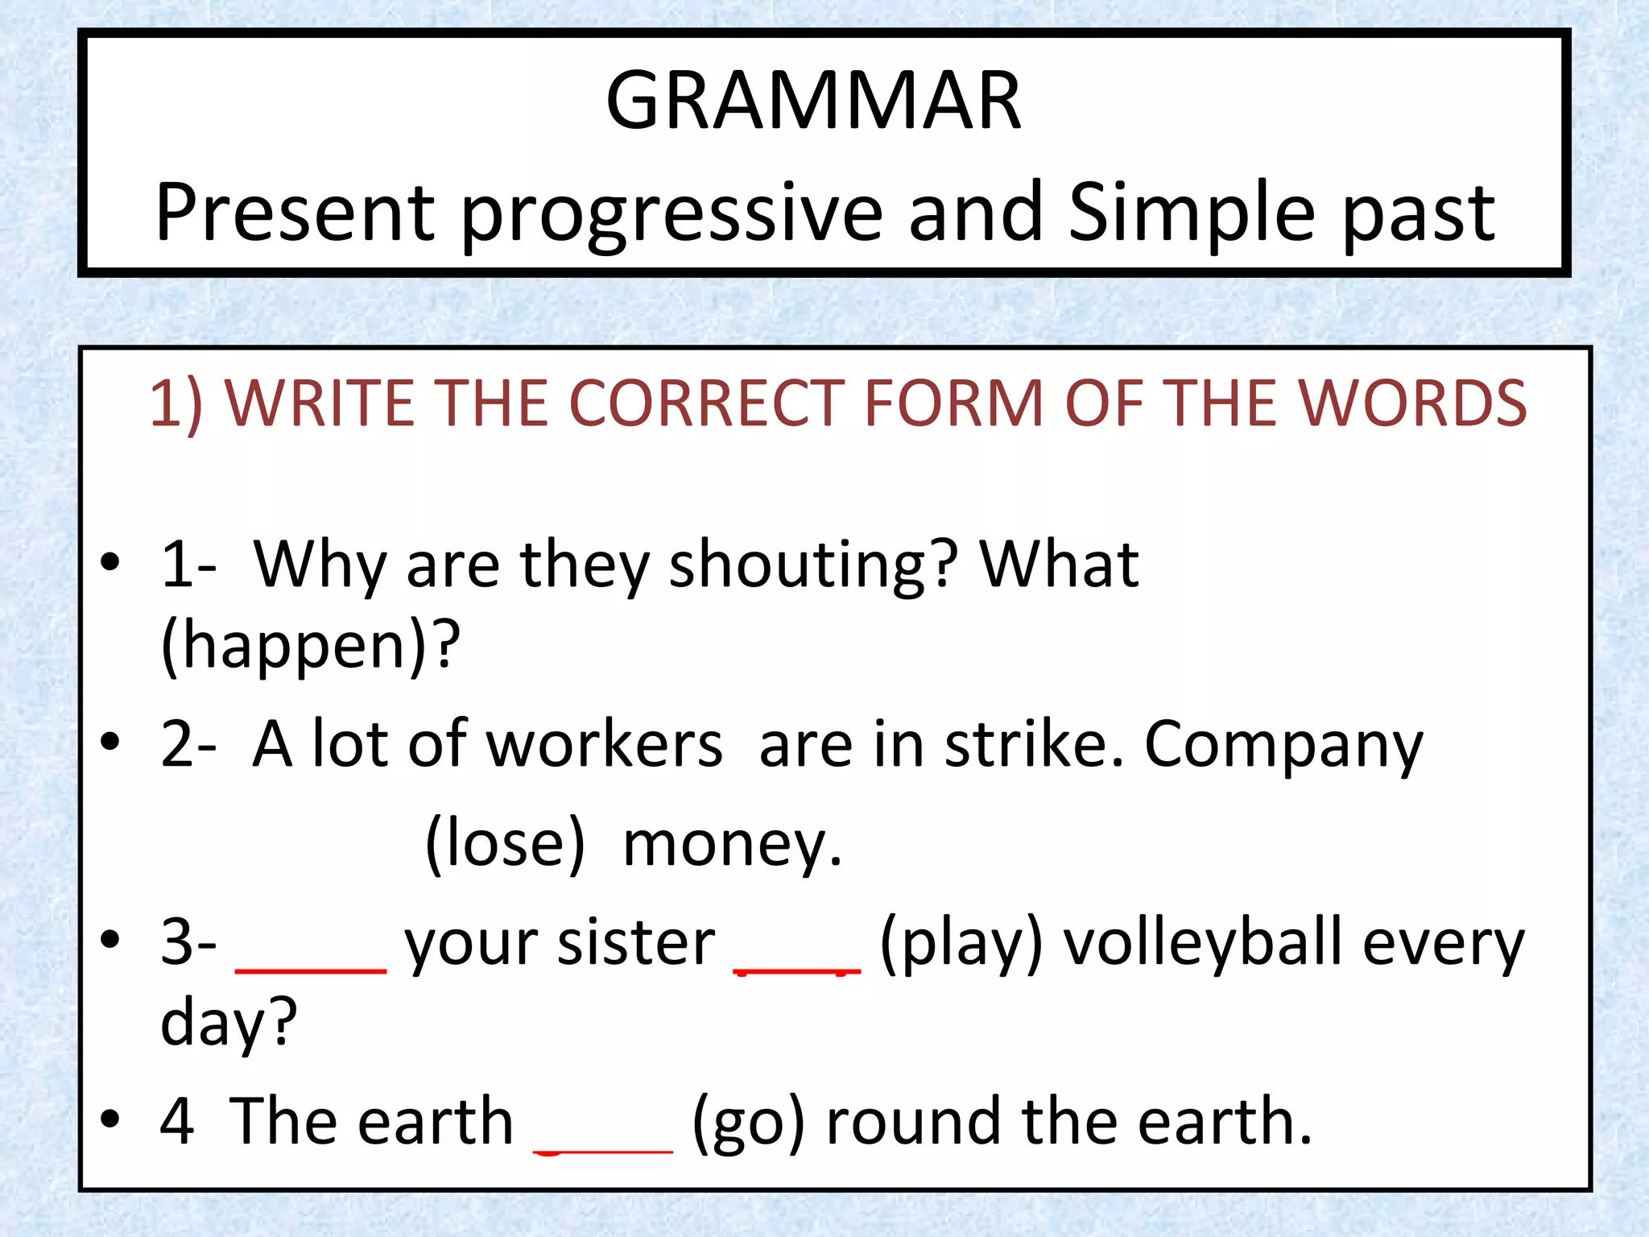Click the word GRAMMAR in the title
[813, 101]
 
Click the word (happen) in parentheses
[310, 646]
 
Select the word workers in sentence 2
[605, 745]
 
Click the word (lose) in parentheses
[505, 843]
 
